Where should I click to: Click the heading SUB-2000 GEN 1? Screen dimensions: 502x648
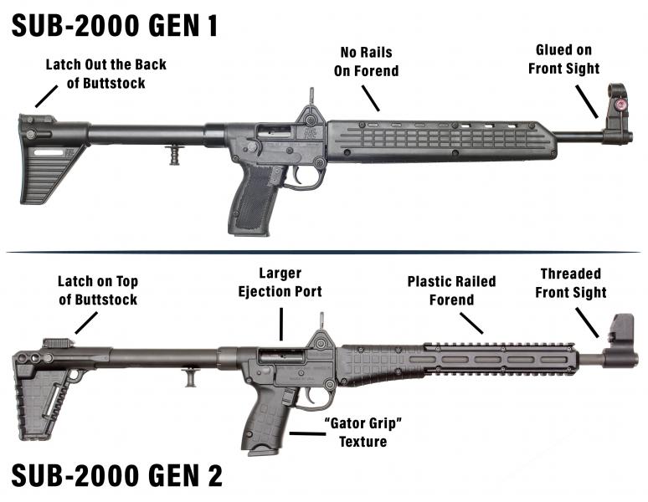coord(116,24)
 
